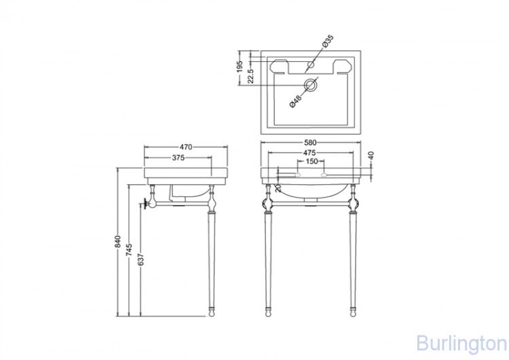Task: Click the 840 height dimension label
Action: [x=118, y=242]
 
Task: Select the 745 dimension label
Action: [x=129, y=250]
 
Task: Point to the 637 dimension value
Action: [x=141, y=259]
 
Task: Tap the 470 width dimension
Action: [x=186, y=147]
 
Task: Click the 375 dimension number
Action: [x=178, y=158]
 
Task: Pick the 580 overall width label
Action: [x=310, y=143]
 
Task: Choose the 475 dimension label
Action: [x=309, y=152]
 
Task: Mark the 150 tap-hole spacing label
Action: [x=312, y=161]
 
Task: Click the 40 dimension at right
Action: [x=371, y=156]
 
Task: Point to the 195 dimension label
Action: [x=240, y=67]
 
